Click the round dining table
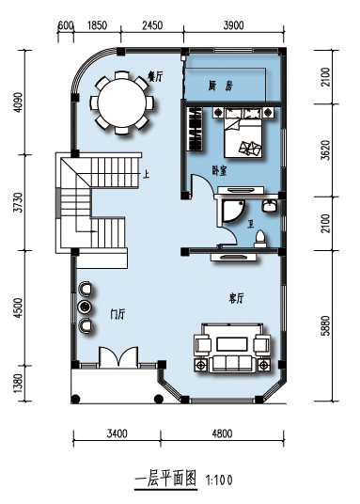point(122,102)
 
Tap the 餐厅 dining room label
point(155,76)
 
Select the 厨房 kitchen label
point(220,86)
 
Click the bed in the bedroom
point(243,136)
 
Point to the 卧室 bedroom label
point(219,171)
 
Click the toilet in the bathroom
point(259,238)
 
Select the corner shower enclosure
point(233,211)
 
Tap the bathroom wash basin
point(269,205)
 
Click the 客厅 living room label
point(236,299)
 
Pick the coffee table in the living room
point(232,344)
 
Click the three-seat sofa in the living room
point(232,364)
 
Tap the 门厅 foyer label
point(117,314)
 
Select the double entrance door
point(118,356)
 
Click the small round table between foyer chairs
point(85,307)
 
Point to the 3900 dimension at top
point(234,25)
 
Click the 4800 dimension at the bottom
point(222,433)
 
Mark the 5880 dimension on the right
point(325,325)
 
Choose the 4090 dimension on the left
point(19,102)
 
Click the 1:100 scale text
point(219,480)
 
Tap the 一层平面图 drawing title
point(165,479)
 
